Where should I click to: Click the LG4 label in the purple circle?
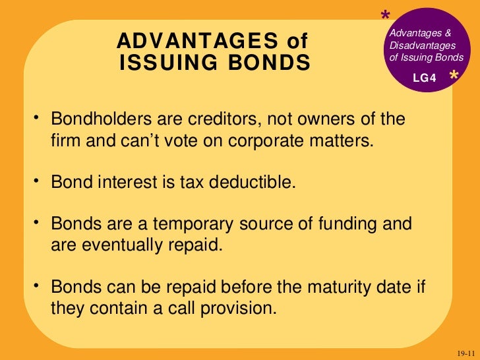pyautogui.click(x=425, y=78)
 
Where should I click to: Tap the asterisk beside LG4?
pyautogui.click(x=454, y=77)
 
